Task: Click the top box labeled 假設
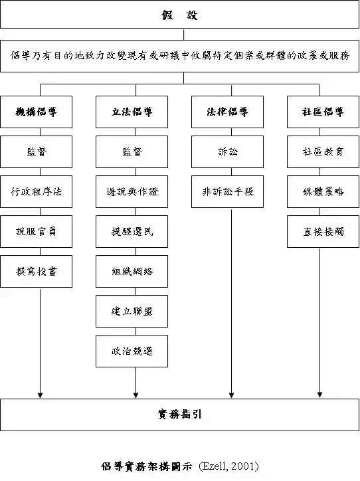[180, 15]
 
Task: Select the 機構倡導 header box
[36, 112]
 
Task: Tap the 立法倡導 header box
[132, 112]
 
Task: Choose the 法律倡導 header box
[228, 112]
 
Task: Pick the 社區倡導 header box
[323, 112]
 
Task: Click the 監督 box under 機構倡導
[36, 152]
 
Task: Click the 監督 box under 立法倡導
[132, 152]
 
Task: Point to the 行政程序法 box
[36, 192]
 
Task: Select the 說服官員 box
[36, 232]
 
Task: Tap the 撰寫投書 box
[36, 272]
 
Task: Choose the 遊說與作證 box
[132, 192]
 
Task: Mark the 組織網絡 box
[132, 272]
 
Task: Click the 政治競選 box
[132, 351]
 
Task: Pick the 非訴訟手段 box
[228, 192]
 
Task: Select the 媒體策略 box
[323, 192]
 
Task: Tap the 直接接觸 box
[323, 232]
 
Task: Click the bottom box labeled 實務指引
[180, 415]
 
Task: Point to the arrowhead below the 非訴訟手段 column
[232, 395]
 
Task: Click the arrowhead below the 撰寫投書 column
[40, 395]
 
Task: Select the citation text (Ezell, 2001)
[228, 466]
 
